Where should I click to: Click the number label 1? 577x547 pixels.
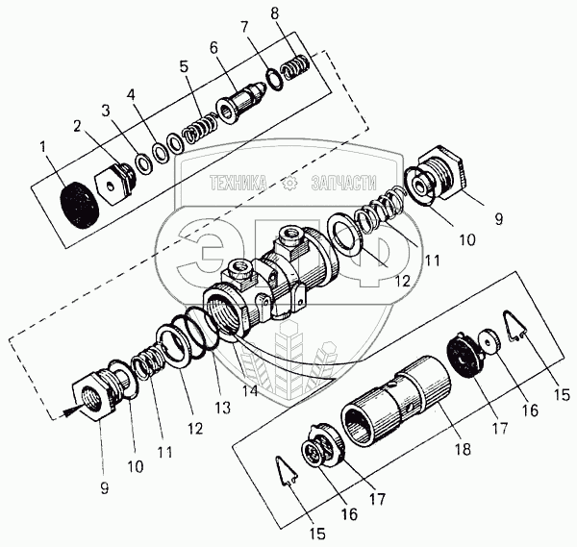click(x=41, y=147)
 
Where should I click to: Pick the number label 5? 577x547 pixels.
click(x=184, y=69)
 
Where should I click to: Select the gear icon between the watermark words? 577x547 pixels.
click(x=288, y=181)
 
